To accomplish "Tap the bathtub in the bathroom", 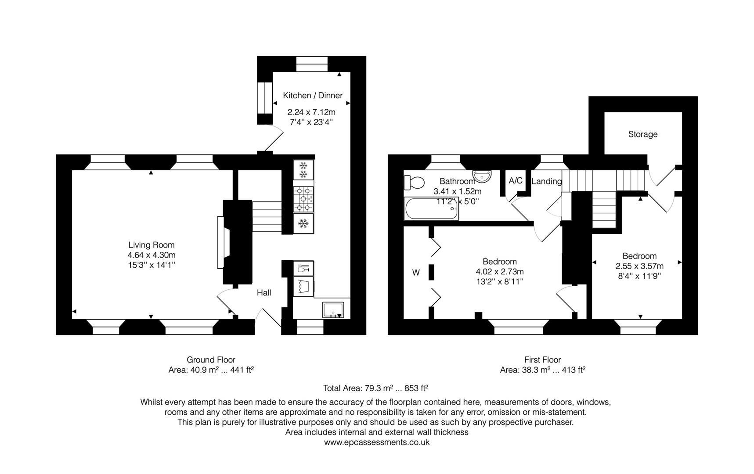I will [x=432, y=209].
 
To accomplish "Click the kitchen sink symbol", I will [x=336, y=310].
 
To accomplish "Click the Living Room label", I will [x=152, y=245].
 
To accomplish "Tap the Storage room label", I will [x=642, y=134].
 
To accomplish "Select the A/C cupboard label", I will [x=516, y=180].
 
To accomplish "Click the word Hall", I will [x=264, y=293].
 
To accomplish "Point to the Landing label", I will [x=546, y=181].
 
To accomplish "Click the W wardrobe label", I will [x=416, y=273].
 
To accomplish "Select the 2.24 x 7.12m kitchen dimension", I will [x=311, y=112].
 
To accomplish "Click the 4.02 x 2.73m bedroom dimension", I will [x=500, y=272].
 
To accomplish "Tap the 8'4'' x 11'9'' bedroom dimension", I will [x=639, y=276].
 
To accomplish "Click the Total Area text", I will [x=375, y=388].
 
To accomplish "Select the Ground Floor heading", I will [x=211, y=360].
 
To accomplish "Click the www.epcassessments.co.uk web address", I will [x=377, y=442].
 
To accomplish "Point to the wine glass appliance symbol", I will [x=303, y=268].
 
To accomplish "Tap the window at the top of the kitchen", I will [x=312, y=64].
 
